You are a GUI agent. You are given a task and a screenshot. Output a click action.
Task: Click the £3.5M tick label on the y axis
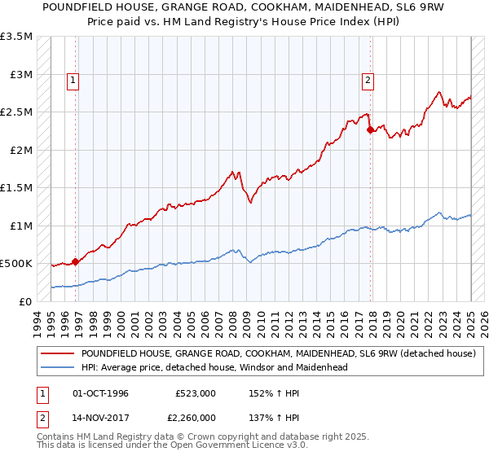[x=16, y=37]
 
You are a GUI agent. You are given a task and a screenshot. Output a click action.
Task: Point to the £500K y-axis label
[x=16, y=264]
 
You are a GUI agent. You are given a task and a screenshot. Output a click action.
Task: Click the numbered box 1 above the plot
[x=73, y=80]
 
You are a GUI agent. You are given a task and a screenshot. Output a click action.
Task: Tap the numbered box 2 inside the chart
[x=368, y=80]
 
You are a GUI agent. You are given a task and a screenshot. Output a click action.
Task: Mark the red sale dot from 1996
[x=75, y=261]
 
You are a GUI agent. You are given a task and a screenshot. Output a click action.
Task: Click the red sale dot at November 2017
[x=371, y=129]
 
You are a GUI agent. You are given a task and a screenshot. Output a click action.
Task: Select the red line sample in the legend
[x=57, y=354]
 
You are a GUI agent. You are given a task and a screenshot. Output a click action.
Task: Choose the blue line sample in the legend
[x=57, y=367]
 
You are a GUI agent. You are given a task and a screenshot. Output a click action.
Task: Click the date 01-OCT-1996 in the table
[x=100, y=393]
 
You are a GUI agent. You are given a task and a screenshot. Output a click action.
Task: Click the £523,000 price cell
[x=196, y=393]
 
